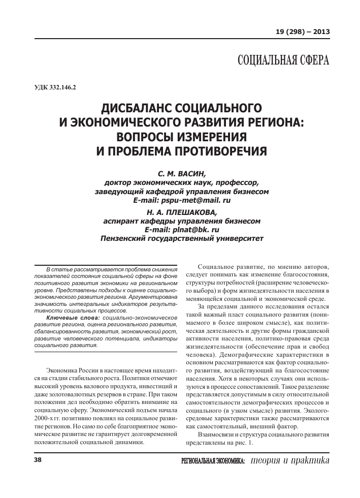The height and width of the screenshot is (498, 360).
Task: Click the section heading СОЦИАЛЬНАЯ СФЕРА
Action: [283, 61]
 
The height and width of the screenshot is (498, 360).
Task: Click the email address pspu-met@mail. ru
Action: [195, 201]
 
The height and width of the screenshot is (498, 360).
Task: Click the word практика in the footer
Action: [306, 460]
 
